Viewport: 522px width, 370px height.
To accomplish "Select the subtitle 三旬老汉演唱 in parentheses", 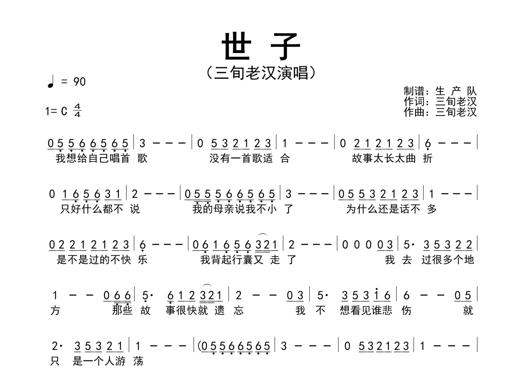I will coord(261,73).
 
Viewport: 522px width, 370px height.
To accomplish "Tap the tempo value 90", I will coord(80,81).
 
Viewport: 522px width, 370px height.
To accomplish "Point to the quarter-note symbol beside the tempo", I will coord(51,81).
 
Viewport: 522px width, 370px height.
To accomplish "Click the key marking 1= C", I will coord(57,111).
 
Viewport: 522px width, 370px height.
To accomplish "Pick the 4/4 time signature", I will coord(77,111).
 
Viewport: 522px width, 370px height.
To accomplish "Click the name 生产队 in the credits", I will coord(456,91).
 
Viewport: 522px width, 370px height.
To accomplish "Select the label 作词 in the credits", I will coord(413,102).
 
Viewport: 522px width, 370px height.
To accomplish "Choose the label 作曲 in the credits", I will coord(413,112).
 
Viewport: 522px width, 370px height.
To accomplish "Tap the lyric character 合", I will coord(284,158).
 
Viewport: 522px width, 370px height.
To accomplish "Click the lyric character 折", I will coord(428,158).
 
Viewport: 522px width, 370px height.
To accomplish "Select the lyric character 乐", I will coord(143,260).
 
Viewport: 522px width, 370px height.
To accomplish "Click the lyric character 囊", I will coord(248,260).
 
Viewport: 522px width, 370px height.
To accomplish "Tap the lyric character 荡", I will coord(138,361).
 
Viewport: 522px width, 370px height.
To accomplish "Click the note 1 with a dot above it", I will coord(377,295).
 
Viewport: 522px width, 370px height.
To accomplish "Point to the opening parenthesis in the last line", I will coord(200,346).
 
